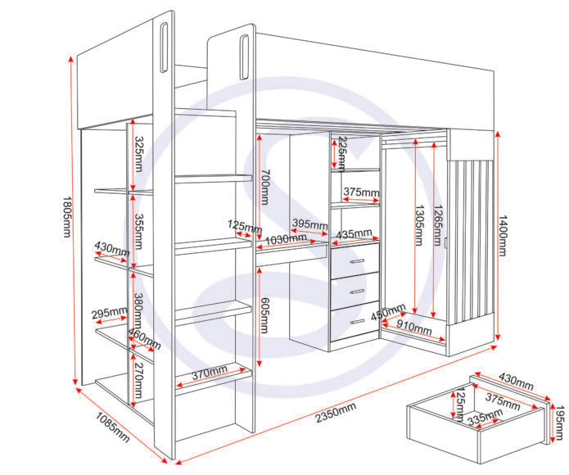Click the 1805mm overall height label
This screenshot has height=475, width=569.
[x=67, y=217]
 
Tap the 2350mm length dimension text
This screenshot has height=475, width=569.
[x=336, y=413]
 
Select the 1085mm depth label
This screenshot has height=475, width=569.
[x=112, y=427]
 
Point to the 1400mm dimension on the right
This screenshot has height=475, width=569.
[x=502, y=236]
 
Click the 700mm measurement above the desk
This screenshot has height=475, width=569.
[x=265, y=187]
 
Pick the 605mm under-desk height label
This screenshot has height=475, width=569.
[x=264, y=315]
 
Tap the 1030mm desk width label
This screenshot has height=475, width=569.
[x=286, y=240]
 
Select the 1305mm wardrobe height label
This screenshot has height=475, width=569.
[x=419, y=225]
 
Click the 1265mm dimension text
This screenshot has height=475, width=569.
[x=438, y=225]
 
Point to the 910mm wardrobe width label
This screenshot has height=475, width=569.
[x=413, y=327]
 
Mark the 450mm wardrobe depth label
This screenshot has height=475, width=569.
[x=388, y=312]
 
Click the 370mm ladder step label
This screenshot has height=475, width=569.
[x=210, y=373]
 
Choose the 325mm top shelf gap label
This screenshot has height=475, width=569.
[x=138, y=153]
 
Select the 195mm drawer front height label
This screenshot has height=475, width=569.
[x=560, y=423]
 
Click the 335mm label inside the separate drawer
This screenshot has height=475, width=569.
[x=485, y=417]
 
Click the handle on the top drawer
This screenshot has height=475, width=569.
[x=358, y=261]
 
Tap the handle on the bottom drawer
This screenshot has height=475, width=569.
[x=358, y=322]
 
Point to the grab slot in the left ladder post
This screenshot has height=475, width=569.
[x=164, y=47]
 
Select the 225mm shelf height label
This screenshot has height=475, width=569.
[x=341, y=154]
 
